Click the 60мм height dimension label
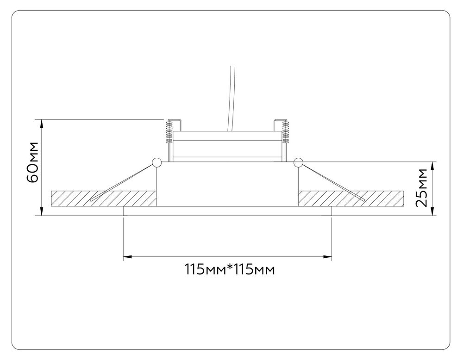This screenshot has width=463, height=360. [x=32, y=167]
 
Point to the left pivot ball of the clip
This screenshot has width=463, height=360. [x=156, y=162]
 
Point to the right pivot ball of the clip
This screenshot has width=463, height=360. [x=298, y=162]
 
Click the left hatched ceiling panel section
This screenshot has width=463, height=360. [x=104, y=198]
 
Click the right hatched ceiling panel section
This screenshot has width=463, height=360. [x=352, y=198]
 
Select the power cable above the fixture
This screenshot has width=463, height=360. [x=231, y=97]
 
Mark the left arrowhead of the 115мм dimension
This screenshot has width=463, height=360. [x=126, y=255]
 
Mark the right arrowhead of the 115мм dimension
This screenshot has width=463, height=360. [x=329, y=255]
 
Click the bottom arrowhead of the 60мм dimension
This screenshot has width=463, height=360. [x=43, y=212]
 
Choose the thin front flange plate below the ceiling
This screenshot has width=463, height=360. [x=227, y=211]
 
